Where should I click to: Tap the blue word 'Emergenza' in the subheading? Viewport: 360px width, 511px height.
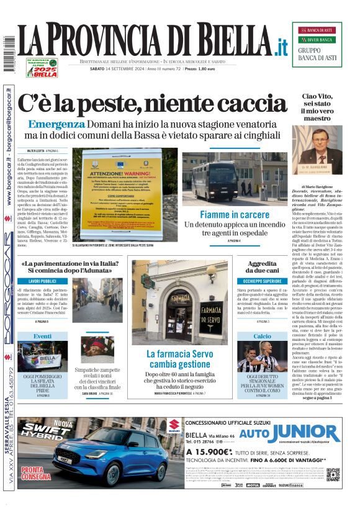pos(56,124)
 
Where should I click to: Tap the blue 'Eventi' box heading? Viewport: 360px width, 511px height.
pos(43,336)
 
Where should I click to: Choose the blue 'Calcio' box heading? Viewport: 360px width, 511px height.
pos(262,336)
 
